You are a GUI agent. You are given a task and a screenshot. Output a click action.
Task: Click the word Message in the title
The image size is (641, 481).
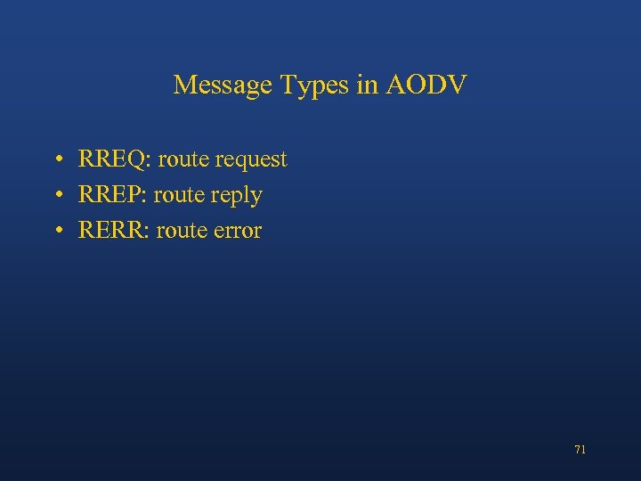pyautogui.click(x=223, y=85)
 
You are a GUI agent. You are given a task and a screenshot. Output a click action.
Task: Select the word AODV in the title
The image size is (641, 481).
pyautogui.click(x=426, y=85)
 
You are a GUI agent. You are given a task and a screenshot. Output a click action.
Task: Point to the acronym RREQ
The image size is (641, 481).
pyautogui.click(x=114, y=159)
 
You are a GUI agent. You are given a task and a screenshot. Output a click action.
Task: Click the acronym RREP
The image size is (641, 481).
pyautogui.click(x=112, y=195)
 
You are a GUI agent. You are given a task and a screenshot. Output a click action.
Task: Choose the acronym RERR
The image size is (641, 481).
pyautogui.click(x=112, y=231)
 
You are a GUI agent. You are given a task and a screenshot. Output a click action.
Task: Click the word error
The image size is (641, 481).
pyautogui.click(x=236, y=231)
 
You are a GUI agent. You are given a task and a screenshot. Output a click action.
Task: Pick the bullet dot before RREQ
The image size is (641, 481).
pyautogui.click(x=56, y=160)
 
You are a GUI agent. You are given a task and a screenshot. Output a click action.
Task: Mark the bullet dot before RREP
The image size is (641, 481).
pyautogui.click(x=56, y=196)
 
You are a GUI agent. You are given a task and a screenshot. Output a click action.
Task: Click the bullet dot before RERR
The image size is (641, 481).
pyautogui.click(x=56, y=232)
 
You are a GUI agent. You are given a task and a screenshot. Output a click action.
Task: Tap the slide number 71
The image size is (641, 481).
pyautogui.click(x=580, y=450)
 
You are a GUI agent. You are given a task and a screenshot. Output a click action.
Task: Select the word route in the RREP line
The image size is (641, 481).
pyautogui.click(x=179, y=196)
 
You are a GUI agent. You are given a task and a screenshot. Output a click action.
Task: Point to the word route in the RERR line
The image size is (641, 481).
pyautogui.click(x=181, y=232)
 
